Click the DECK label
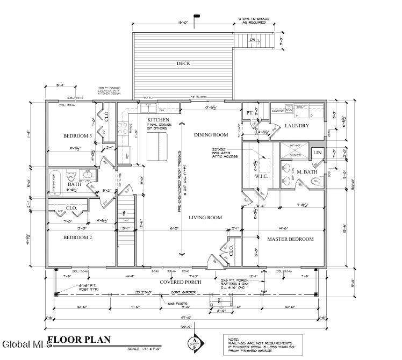[183, 63]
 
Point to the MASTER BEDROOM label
[290, 239]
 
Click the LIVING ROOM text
[205, 218]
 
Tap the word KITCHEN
[159, 119]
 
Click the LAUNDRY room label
[297, 126]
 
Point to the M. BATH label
[307, 172]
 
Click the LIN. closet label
[318, 154]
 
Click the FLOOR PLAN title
[79, 339]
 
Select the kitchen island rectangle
[156, 148]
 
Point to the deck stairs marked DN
[258, 40]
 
